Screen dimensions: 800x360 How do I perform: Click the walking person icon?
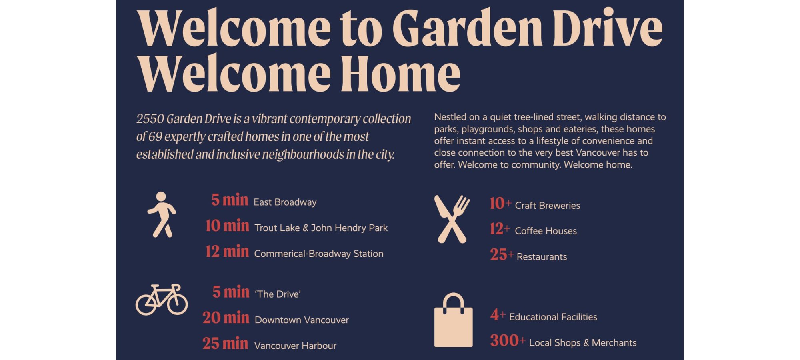click(162, 215)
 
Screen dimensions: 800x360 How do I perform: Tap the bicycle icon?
click(162, 300)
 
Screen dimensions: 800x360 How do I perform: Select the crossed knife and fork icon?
click(452, 219)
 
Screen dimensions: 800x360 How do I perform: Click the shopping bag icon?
click(453, 320)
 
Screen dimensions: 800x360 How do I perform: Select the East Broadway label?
click(285, 202)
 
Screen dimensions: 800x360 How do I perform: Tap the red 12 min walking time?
click(227, 252)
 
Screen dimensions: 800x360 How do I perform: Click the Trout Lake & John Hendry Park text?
click(321, 228)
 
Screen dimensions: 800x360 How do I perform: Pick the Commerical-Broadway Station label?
click(319, 254)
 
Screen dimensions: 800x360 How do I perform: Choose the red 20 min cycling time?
click(226, 318)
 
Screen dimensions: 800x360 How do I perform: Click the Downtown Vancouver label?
click(302, 320)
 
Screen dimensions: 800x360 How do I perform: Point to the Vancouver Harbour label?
click(295, 346)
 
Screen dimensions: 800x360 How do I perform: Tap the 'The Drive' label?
click(278, 294)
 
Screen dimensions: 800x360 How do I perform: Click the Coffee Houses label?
click(546, 231)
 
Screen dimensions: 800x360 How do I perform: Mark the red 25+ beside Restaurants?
click(502, 255)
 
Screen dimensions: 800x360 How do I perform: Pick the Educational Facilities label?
click(553, 317)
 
